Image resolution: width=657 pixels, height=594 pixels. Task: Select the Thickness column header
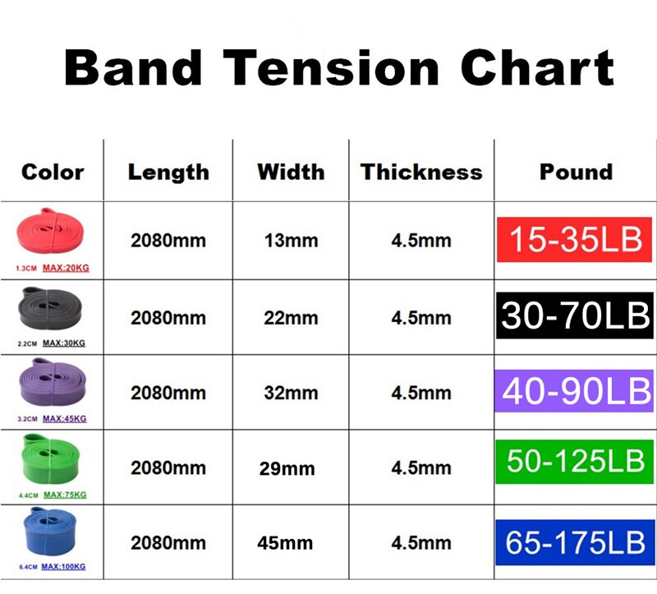click(x=421, y=172)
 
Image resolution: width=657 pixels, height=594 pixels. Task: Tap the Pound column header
click(x=576, y=172)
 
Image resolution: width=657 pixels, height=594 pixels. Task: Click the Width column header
click(x=291, y=172)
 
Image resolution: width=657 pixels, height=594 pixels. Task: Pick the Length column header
click(x=168, y=172)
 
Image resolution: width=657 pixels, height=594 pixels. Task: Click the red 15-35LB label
click(x=575, y=240)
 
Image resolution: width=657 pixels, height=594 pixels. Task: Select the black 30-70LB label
click(x=575, y=315)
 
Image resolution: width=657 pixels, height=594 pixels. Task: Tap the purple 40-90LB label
click(x=575, y=391)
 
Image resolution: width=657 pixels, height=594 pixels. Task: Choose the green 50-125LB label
click(x=575, y=466)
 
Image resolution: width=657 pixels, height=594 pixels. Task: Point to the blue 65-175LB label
click(x=575, y=542)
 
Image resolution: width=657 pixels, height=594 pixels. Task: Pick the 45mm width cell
click(x=287, y=543)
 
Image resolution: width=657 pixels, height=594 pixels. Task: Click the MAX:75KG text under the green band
click(x=64, y=495)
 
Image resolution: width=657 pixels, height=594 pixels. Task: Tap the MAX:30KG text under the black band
click(x=64, y=343)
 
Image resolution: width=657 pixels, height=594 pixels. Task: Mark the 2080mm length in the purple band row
click(x=168, y=393)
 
